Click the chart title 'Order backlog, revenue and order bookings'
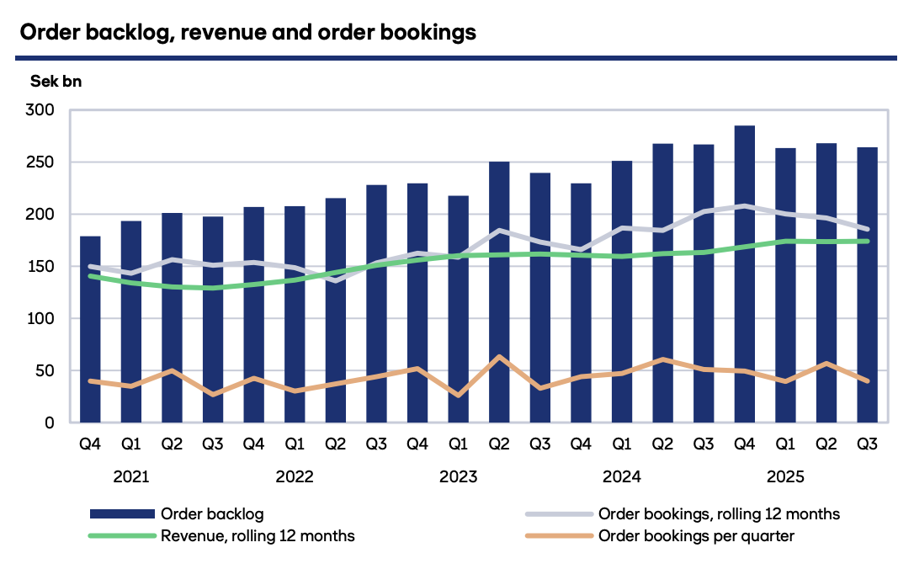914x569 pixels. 247,33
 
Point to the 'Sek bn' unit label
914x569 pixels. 56,82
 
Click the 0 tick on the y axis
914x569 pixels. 50,423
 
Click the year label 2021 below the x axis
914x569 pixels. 131,477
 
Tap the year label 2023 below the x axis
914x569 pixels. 458,477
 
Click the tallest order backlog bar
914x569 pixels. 744,274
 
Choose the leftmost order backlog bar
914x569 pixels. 90,329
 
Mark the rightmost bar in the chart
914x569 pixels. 867,284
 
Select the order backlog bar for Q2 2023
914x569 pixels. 499,291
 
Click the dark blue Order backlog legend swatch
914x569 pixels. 121,513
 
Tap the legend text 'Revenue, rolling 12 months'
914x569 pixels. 258,536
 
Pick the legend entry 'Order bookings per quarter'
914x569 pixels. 695,536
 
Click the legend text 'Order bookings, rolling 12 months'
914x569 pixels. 719,513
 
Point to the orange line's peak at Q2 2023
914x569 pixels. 499,357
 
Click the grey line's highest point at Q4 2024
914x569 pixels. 744,205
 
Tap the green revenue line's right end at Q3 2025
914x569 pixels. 867,242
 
